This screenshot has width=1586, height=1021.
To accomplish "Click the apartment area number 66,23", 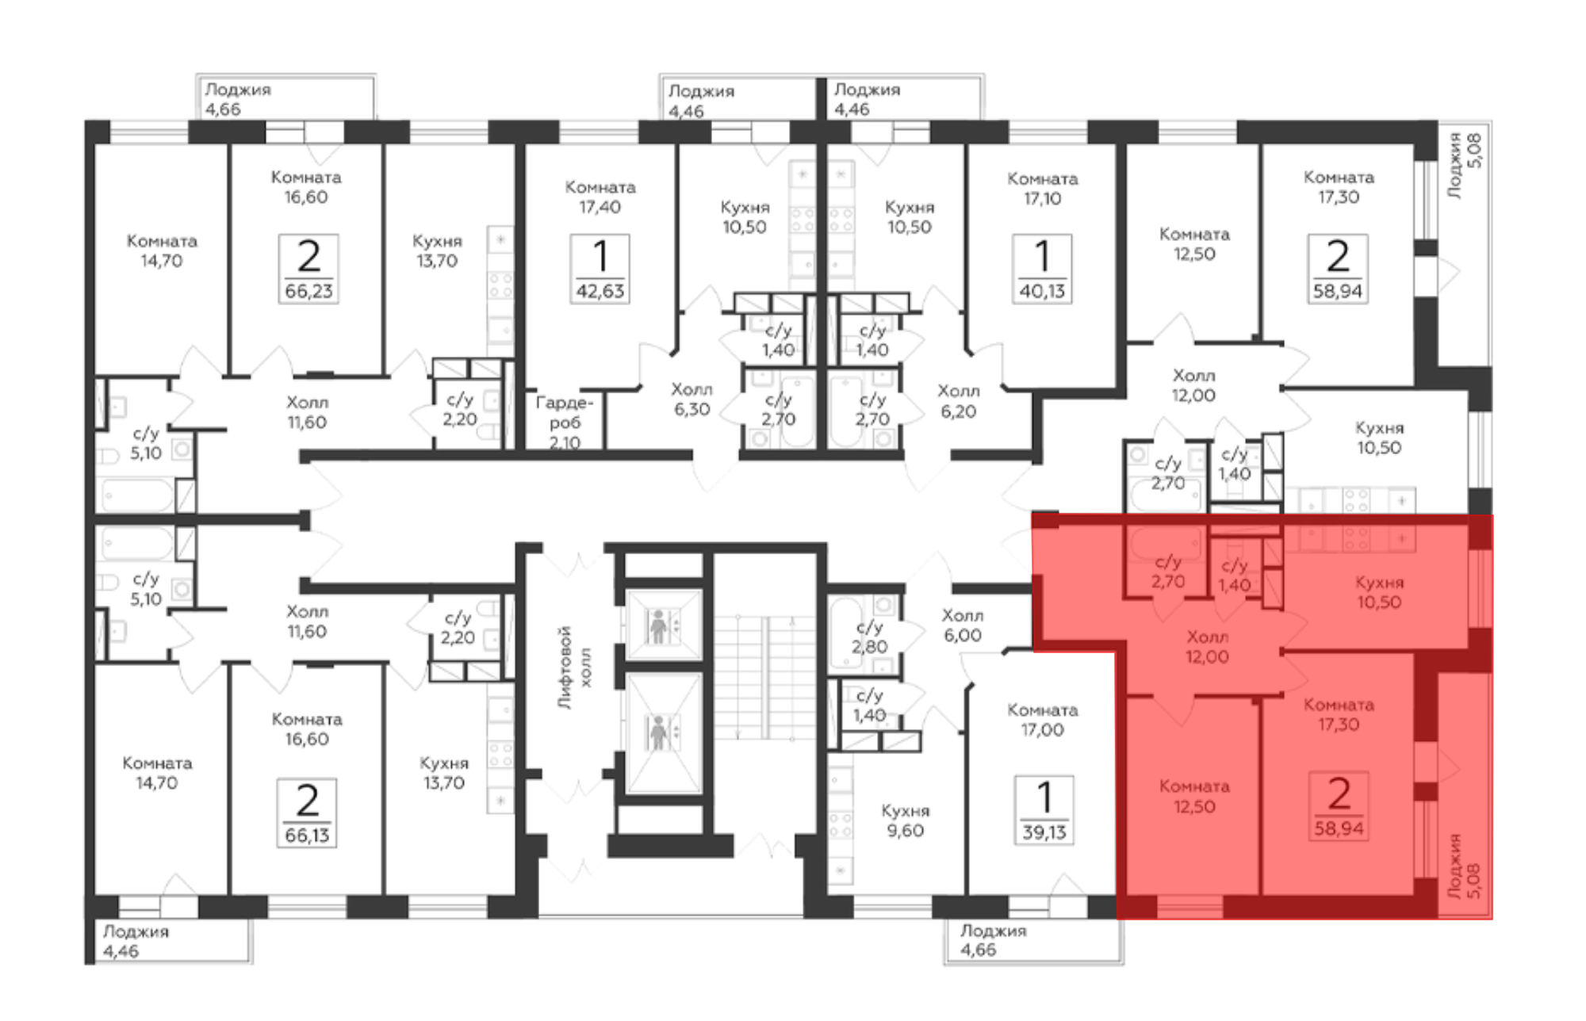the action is coord(309,291).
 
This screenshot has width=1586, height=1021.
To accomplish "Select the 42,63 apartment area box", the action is coord(600,270).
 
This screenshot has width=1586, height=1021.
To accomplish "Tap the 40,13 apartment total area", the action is coord(1042,291).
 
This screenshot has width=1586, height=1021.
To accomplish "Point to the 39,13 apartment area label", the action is coord(1044,832).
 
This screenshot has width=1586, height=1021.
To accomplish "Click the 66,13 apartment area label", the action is coord(307,835).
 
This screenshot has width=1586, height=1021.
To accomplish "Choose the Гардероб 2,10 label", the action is coord(565,423).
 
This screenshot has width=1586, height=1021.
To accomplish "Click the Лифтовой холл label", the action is coord(574,667).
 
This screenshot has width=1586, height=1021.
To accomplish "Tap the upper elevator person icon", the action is coord(658,625).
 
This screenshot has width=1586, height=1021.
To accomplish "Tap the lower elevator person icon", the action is coord(658,732).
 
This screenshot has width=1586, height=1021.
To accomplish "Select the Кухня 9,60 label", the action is coord(905,820).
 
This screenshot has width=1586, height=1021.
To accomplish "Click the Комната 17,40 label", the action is coord(600,197).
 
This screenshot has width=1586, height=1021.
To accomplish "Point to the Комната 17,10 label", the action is coord(1042,189).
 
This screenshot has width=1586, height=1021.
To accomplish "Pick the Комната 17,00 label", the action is coord(1042,720).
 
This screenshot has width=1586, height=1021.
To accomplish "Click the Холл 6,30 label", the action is coord(691,399).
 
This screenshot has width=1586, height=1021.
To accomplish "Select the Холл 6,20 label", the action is coord(958,400).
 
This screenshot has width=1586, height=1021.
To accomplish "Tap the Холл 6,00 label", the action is coord(963,625).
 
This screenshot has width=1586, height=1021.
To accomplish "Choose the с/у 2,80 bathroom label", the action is coord(869,637).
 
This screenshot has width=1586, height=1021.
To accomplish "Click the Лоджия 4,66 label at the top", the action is coord(238,99).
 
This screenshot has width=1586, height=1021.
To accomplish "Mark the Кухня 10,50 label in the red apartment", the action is coord(1378,592).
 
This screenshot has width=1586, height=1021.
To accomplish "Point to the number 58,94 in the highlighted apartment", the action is coord(1339,828).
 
